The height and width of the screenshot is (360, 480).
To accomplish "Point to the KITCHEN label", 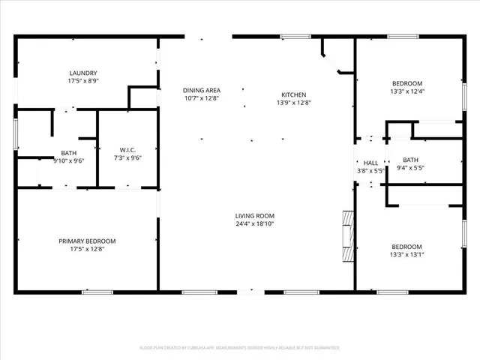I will (293, 94).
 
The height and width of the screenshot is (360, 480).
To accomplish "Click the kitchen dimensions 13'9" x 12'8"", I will (293, 102).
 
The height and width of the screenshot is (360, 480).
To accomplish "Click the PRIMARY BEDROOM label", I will (87, 241).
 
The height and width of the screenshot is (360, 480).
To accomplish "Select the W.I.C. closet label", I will (127, 150).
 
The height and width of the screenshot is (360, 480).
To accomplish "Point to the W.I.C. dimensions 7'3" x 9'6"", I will (127, 157).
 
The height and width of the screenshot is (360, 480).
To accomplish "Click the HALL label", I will (370, 163).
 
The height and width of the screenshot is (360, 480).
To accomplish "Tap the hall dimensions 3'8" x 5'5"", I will (370, 170).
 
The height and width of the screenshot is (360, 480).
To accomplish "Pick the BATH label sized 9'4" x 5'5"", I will (410, 160).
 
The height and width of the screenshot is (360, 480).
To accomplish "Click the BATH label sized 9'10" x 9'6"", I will (68, 152).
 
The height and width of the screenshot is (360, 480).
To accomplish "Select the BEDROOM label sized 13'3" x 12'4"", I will (407, 83).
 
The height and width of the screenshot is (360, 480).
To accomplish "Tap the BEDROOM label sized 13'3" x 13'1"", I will (407, 247).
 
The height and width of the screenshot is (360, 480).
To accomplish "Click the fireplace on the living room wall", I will (347, 236).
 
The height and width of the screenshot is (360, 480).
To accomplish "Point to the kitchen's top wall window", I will (300, 35).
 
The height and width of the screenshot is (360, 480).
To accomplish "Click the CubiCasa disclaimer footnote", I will (239, 348).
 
